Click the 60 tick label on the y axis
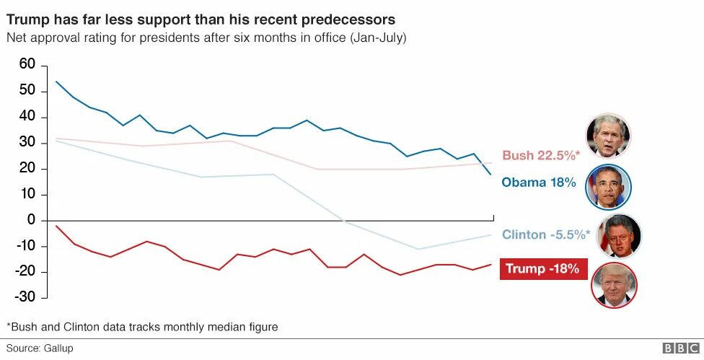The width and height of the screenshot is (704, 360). point(27,65)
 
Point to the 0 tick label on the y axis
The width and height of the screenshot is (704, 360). point(30,221)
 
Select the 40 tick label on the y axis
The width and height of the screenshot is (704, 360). point(27,117)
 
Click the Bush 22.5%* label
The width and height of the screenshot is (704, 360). point(540,155)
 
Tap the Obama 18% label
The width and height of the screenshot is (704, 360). point(539,183)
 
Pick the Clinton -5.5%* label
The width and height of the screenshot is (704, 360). point(545,234)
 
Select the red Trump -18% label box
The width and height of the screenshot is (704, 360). point(542,268)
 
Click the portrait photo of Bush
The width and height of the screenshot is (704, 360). point(608,136)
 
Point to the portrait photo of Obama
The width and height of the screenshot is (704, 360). point(609,187)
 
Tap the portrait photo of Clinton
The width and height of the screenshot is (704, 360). point(619,236)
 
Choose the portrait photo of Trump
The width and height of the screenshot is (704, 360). point(614,285)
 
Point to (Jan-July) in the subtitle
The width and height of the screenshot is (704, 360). point(378,37)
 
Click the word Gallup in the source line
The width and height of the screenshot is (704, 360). point(57,348)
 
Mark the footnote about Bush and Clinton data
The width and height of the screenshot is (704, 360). point(142,327)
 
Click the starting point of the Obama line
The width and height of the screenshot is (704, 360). point(56,82)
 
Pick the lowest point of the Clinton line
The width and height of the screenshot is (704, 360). point(418,249)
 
